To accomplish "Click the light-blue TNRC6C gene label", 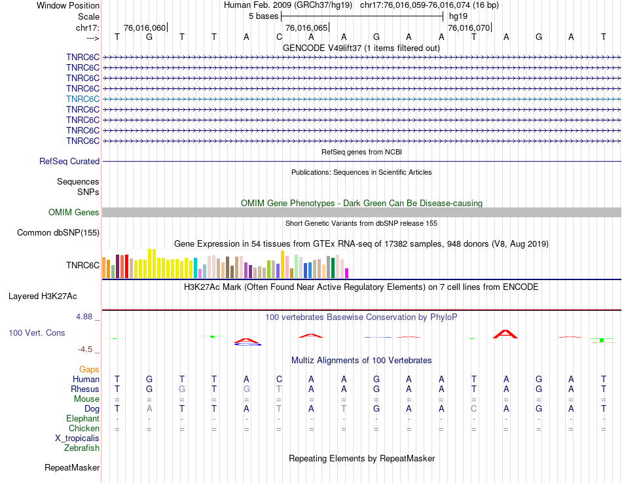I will coord(82,99).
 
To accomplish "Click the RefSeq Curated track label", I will coord(69,161).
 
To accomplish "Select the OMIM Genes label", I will coord(74,212).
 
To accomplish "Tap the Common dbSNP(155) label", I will coord(58,232).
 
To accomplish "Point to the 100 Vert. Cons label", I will coord(37,332).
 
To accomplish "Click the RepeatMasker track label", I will coord(72,467).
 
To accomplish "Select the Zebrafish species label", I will coord(82,448).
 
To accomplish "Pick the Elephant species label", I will coord(82,418).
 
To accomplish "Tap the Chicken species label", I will coord(84,428).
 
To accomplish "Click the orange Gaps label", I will coord(89,369).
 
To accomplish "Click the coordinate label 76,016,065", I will coord(306,28).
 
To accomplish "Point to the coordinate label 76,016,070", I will coord(468,28).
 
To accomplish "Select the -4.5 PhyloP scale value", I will coord(86,349).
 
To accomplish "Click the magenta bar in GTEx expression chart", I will coord(347,273).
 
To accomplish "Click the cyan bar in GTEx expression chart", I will coord(196,268).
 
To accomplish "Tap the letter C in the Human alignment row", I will coord(279,379).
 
